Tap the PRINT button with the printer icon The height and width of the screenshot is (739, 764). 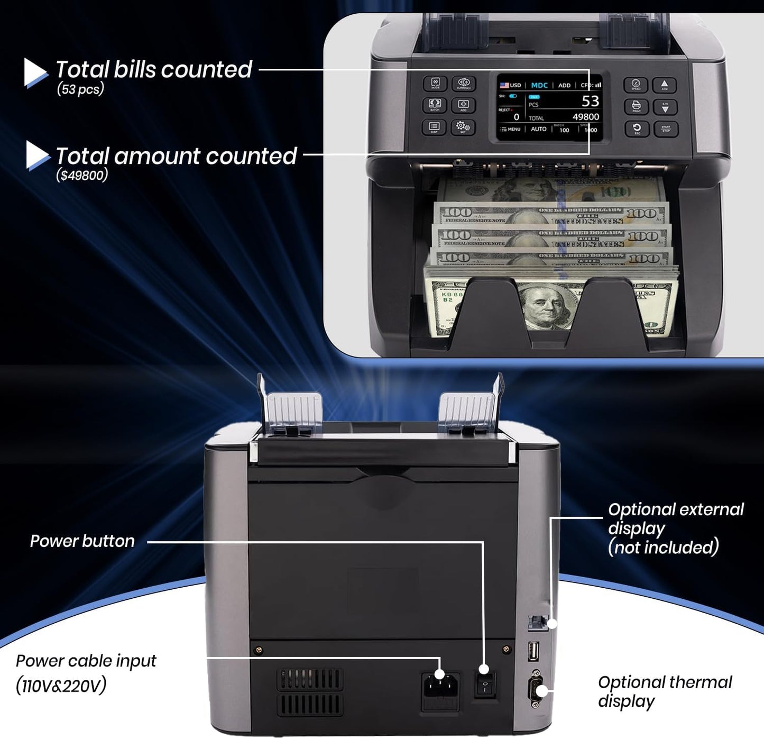(636, 106)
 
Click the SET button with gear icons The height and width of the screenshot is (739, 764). (463, 127)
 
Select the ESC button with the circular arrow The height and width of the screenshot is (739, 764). (636, 129)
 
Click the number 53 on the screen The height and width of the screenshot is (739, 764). (590, 101)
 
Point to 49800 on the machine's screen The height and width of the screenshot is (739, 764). (586, 117)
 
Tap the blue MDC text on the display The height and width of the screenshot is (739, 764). (539, 85)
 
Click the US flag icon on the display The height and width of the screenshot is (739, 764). (504, 85)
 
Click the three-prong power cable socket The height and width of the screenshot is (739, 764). (440, 688)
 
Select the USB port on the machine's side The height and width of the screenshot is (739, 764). (533, 651)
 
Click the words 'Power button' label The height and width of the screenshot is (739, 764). (82, 541)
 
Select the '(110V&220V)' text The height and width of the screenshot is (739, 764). (61, 686)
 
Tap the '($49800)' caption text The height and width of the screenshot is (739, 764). (82, 175)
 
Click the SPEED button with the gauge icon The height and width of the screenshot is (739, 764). (636, 85)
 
